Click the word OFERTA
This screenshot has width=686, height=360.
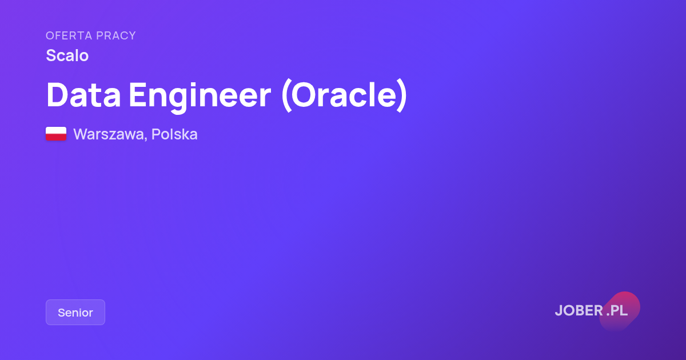(69, 36)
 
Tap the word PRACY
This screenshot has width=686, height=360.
(115, 36)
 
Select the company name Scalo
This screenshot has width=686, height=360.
(67, 55)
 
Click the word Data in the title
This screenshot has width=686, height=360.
(83, 95)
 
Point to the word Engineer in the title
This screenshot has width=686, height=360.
(200, 97)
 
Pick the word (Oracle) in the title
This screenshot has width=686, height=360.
(344, 95)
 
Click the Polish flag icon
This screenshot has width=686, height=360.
(56, 134)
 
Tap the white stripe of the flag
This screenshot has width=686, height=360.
(56, 130)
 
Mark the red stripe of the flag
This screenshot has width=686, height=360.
(56, 137)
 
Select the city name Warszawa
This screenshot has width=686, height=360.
(109, 134)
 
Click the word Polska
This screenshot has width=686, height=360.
(174, 134)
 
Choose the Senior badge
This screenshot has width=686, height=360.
(75, 312)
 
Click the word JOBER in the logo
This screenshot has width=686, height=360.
(579, 310)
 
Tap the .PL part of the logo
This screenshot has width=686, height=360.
(617, 310)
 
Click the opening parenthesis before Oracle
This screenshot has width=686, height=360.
(286, 95)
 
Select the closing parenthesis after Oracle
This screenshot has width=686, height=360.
(402, 95)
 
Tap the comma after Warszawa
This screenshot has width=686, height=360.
(145, 139)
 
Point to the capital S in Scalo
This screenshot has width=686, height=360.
(50, 55)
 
